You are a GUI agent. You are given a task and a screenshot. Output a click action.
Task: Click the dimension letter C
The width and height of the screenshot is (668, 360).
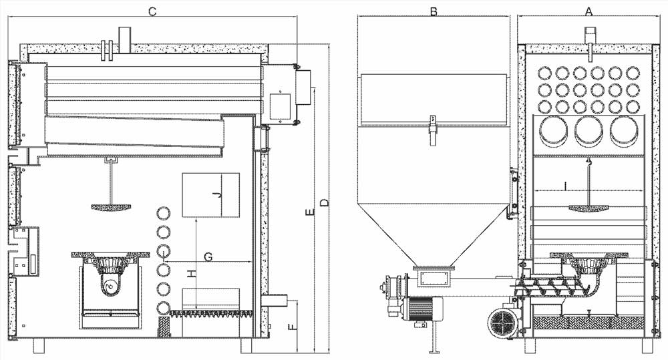coord(153,11)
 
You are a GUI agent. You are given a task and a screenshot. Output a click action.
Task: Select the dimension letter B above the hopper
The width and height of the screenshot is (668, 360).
coord(434,11)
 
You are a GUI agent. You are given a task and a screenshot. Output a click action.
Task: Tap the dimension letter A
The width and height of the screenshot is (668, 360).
coord(589,11)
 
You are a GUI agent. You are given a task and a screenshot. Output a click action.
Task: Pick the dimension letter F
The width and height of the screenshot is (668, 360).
coord(290,327)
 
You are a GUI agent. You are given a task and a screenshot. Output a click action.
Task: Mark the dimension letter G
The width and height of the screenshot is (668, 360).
coord(208,256)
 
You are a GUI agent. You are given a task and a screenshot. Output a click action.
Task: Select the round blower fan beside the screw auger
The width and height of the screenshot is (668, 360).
coord(502,325)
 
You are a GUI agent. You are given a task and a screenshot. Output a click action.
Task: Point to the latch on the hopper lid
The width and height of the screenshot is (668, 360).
coord(433,126)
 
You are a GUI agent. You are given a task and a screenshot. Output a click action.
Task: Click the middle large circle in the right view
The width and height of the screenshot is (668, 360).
coord(589,132)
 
